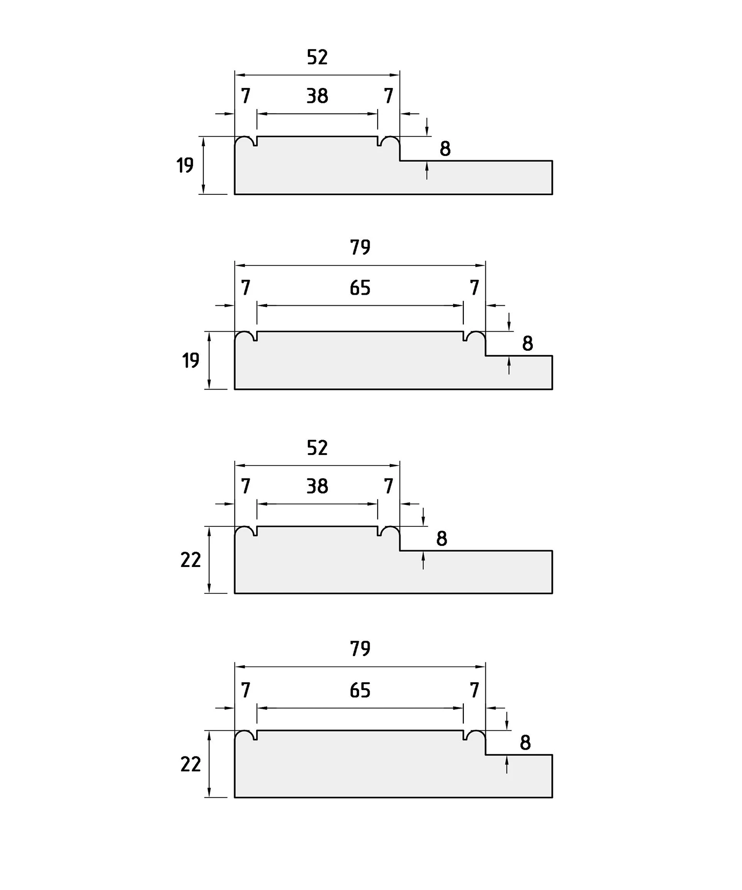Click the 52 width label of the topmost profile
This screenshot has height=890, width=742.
coord(317,57)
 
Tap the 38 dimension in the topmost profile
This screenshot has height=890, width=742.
coord(317,96)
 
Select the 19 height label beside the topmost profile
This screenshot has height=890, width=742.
coord(185,166)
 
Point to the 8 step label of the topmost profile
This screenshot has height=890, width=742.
coord(445,149)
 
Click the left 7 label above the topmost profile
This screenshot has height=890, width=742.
coord(246,96)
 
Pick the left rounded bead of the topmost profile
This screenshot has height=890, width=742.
coord(244,139)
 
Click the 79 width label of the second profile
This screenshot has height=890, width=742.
coord(360,247)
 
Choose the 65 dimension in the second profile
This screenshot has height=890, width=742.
coord(360,288)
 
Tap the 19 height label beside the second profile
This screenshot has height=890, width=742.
coord(191,360)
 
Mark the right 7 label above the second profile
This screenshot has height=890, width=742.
coord(474,288)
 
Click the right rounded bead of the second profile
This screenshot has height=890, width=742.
coord(476,334)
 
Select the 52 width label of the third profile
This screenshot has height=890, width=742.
coord(317,448)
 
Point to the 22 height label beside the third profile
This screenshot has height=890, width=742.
coord(191,560)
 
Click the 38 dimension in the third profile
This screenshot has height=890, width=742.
coord(317,486)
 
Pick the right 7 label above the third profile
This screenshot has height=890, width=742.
coord(389,486)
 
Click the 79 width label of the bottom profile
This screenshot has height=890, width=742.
coord(360,649)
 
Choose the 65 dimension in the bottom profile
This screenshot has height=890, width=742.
coord(360,690)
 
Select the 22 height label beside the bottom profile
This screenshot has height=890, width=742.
coord(191,765)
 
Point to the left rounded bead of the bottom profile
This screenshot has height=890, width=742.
coord(244,734)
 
